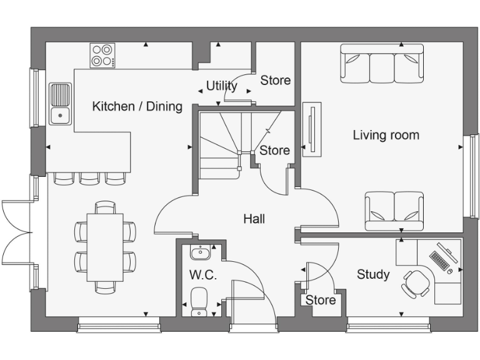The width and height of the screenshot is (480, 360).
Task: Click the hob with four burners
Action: [x=103, y=55]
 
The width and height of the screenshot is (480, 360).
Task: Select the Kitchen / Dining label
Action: [x=137, y=106]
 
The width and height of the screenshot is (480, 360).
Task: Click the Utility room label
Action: [x=221, y=86]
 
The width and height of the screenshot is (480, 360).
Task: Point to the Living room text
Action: [x=386, y=135]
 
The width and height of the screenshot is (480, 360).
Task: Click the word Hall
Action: [x=254, y=219]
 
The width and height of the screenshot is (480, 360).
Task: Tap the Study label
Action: [x=373, y=274]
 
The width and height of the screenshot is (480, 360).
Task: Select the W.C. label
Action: [x=202, y=276]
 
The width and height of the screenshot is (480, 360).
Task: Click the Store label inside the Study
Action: [x=321, y=300]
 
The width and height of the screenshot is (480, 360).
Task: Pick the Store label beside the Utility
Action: [x=276, y=81]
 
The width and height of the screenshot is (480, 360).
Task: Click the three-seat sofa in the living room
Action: [x=381, y=63]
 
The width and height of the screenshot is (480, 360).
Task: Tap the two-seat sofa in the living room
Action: [x=393, y=211]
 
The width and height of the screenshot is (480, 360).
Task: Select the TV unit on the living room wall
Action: [x=311, y=131]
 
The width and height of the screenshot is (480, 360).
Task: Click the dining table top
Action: [x=105, y=247]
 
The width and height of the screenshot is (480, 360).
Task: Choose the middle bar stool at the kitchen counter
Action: [x=89, y=178]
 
